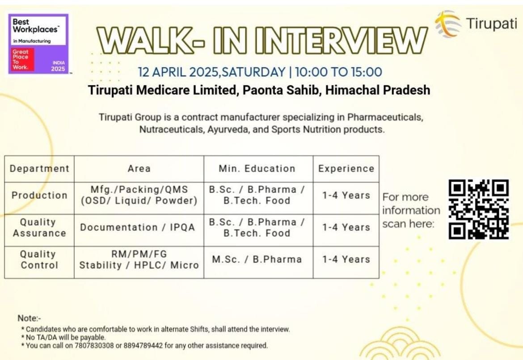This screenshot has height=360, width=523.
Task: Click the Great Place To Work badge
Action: tap(38, 44)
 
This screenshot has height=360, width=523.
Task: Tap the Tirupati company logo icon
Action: tap(447, 23)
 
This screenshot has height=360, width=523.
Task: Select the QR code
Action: tap(479, 209)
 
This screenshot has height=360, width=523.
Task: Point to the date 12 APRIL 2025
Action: tap(178, 72)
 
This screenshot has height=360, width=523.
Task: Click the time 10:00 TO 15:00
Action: tap(338, 72)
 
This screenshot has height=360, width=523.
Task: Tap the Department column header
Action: tap(39, 169)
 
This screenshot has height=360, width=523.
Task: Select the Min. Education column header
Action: tap(257, 169)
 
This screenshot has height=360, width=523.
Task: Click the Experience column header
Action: tap(346, 169)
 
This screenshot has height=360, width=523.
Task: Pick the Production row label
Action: tap(39, 195)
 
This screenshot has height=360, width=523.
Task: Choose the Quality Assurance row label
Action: tap(39, 228)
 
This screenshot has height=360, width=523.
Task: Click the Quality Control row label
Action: tap(39, 260)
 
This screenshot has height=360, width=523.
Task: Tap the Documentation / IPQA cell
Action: tap(137, 227)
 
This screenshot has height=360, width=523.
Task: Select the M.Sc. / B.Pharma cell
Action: tap(257, 260)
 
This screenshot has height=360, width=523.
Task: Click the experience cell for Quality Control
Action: tap(346, 260)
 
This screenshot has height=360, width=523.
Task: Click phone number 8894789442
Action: tap(143, 346)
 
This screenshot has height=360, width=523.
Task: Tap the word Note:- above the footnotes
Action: tap(30, 318)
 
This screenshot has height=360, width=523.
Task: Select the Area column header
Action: tap(139, 169)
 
